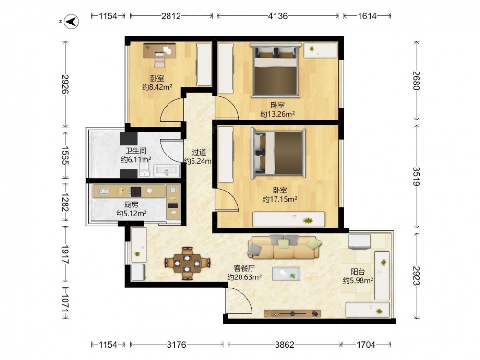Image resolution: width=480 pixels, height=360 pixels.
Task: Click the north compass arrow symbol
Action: (71, 22)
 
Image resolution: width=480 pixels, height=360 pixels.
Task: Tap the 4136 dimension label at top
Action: (277, 16)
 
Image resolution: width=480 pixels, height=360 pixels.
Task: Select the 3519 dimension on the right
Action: (416, 176)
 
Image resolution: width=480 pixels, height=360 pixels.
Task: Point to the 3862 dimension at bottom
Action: (284, 345)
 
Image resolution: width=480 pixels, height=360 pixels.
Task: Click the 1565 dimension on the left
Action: (65, 155)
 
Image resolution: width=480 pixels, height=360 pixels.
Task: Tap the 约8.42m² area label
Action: (157, 87)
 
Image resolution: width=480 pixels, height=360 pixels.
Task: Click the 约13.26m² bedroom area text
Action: (277, 114)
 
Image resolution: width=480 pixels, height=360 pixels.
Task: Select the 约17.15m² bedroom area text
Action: (280, 199)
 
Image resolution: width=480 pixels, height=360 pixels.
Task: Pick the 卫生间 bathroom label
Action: (136, 151)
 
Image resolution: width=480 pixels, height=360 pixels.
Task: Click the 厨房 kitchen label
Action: (132, 204)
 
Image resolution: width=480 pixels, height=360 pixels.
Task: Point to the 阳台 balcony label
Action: (358, 272)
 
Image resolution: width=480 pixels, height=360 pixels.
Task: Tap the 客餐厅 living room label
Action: (244, 268)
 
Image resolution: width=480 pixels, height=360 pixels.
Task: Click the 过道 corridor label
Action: (199, 152)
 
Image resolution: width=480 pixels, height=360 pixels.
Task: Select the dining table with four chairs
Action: (187, 263)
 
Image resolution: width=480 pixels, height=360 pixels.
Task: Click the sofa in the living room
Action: (284, 247)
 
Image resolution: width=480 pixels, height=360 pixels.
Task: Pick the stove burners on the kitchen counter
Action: (136, 192)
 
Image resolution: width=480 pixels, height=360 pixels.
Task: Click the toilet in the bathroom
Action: (144, 169)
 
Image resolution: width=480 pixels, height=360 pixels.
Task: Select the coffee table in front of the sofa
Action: (286, 274)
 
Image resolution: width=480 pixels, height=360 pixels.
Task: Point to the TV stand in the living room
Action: (292, 313)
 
